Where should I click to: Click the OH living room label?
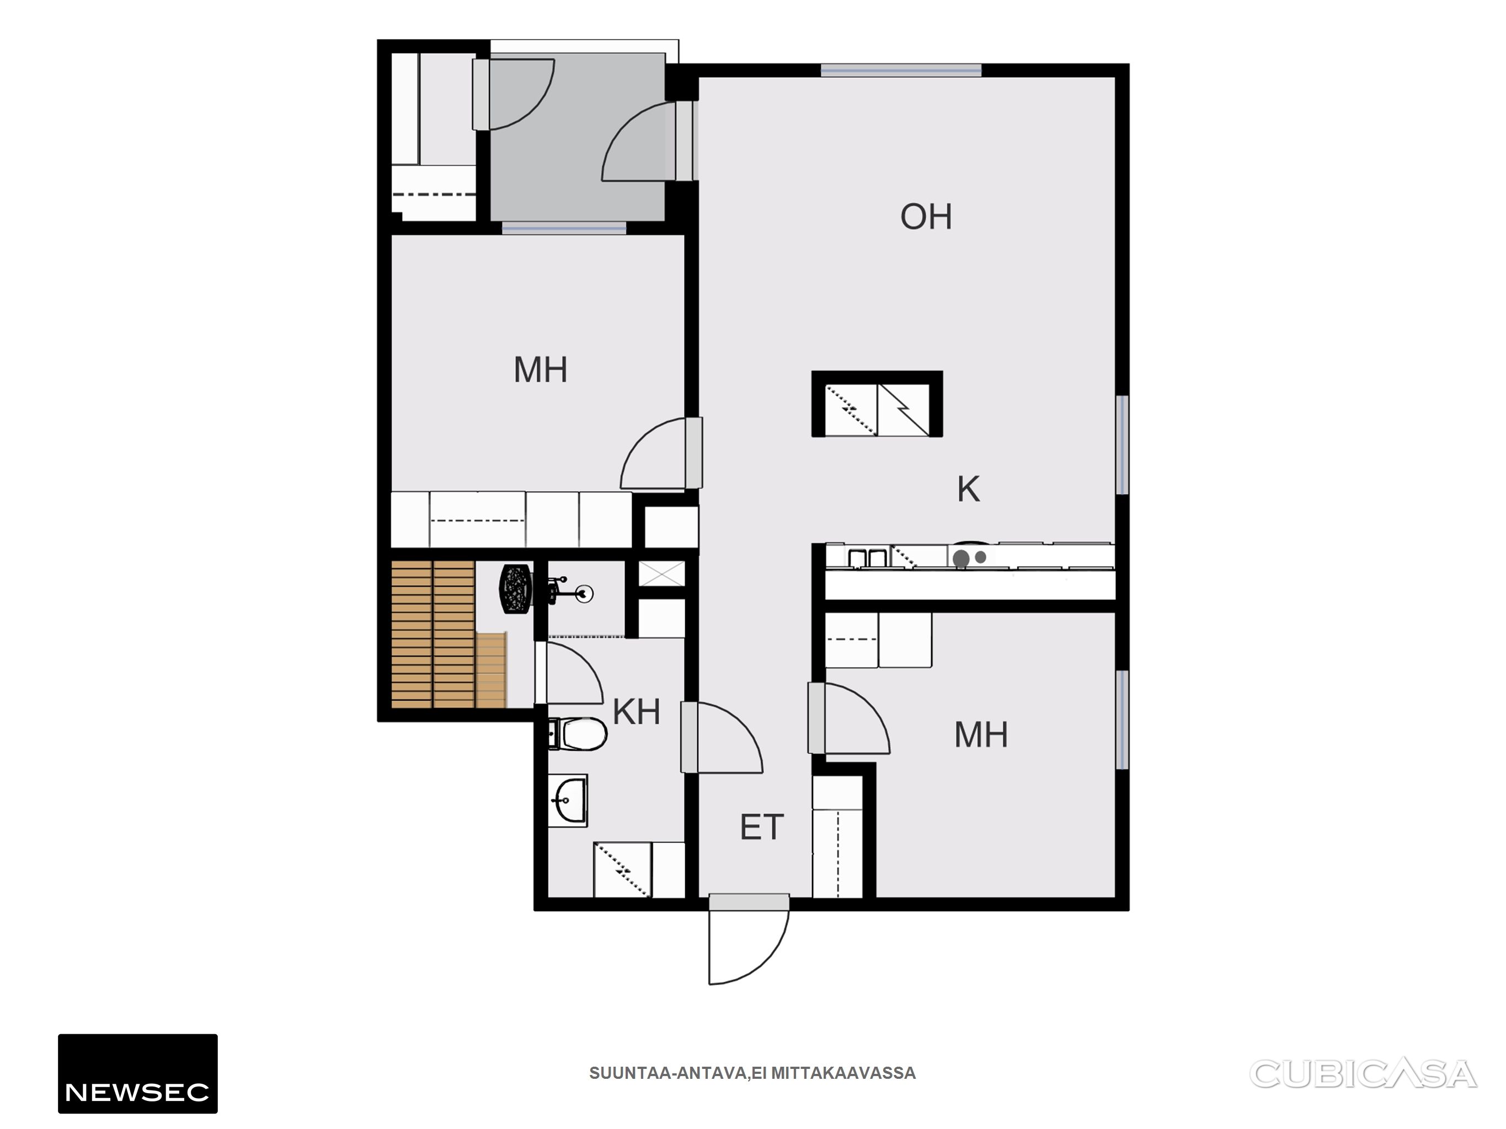tap(926, 217)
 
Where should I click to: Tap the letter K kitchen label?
tap(968, 490)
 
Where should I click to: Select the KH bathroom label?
tap(637, 712)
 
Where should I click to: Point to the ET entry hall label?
tap(762, 827)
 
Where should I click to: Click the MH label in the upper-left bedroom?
tap(541, 369)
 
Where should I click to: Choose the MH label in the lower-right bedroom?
tap(981, 735)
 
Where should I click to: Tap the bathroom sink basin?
tap(568, 800)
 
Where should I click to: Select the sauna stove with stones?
tap(516, 589)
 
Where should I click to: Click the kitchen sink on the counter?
tap(867, 557)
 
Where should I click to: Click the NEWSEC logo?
tap(137, 1074)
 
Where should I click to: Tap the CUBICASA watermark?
tap(1363, 1074)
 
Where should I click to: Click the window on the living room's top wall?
tap(901, 70)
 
